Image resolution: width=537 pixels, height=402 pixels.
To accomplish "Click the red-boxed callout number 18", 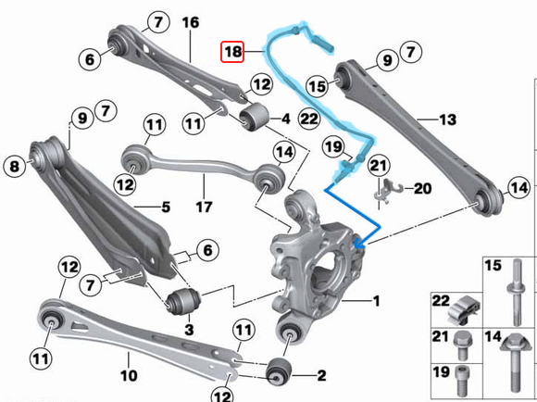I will (x=231, y=53).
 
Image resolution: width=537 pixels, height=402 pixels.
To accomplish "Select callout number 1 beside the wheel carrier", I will (x=376, y=301).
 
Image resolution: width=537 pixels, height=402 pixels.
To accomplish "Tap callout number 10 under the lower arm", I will (x=129, y=376).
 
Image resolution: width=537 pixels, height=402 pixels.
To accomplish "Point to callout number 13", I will (x=447, y=119).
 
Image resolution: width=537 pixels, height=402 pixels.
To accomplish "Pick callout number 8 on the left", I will (x=14, y=167).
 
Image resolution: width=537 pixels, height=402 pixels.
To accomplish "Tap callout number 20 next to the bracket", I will (x=423, y=188).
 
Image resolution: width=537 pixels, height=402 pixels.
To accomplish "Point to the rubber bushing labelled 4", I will (x=253, y=119).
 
